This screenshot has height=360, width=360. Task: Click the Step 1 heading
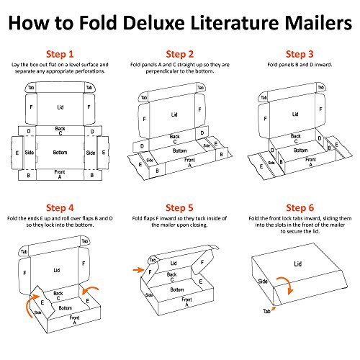tap(60, 54)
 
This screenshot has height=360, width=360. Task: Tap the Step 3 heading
tap(300, 54)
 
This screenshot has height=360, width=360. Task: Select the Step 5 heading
tap(179, 208)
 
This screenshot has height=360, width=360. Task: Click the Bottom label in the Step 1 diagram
tap(60, 153)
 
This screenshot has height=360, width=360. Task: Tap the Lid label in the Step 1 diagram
tap(60, 107)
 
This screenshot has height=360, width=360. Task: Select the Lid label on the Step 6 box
tap(297, 264)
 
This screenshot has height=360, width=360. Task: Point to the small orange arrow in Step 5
tap(138, 270)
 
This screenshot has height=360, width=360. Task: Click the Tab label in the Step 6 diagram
tap(266, 311)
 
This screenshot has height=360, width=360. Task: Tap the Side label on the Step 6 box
tap(263, 281)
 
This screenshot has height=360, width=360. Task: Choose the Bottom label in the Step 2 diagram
tap(179, 150)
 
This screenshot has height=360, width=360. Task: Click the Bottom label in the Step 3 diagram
tap(300, 150)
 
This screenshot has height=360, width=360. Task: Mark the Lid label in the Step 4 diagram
tap(57, 270)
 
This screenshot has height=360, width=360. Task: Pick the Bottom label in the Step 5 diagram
tap(177, 289)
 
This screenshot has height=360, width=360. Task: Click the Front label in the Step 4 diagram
tap(74, 318)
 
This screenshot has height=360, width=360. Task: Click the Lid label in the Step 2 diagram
tap(174, 114)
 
